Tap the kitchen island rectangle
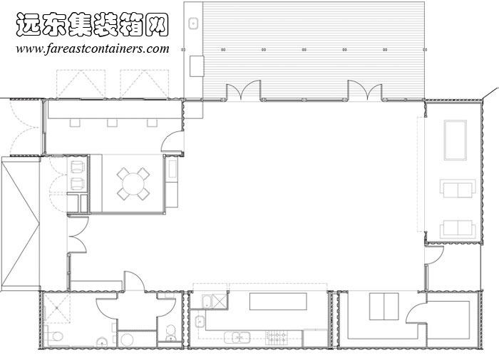point(277,302)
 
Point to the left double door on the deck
point(243,92)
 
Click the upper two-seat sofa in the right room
point(458,190)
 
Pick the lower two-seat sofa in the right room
point(458,229)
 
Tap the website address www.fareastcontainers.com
point(93,49)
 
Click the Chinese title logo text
point(91,26)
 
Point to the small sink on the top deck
point(193,23)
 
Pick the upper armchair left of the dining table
point(77,168)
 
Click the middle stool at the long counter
point(113,123)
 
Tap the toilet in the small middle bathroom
point(170,331)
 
